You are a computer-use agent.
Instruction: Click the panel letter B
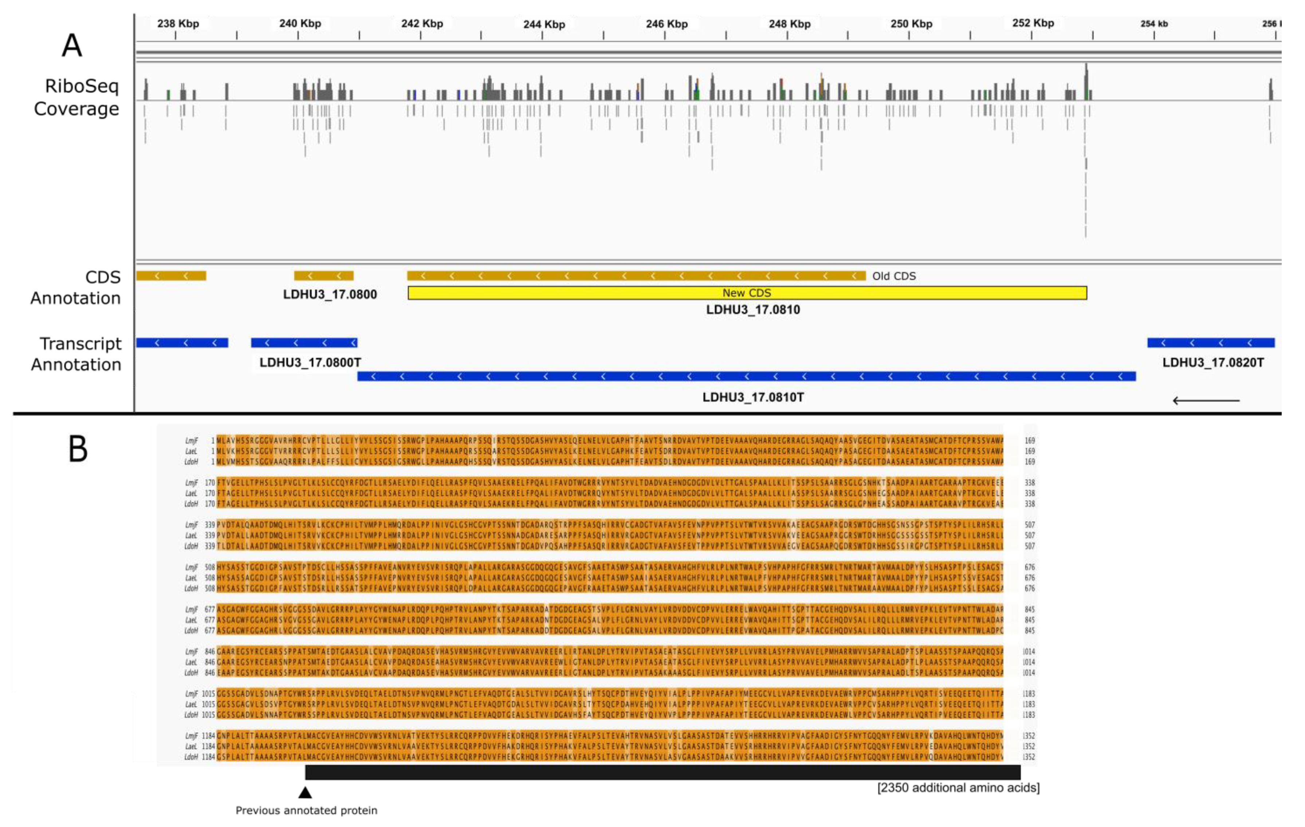tap(78, 449)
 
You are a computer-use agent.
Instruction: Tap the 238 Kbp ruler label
tap(178, 24)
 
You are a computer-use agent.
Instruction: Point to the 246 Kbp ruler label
tap(667, 24)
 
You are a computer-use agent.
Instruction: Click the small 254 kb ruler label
tap(1154, 24)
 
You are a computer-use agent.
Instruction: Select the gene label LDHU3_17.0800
tap(330, 294)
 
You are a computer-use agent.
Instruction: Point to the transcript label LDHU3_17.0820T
tap(1212, 362)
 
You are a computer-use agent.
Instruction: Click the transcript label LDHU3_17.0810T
tap(753, 397)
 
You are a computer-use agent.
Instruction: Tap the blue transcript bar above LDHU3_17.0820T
tap(1210, 342)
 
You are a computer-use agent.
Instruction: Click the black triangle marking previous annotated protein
tap(305, 793)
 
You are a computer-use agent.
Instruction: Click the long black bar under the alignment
tap(662, 772)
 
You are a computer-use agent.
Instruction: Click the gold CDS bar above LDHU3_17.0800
tap(323, 276)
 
